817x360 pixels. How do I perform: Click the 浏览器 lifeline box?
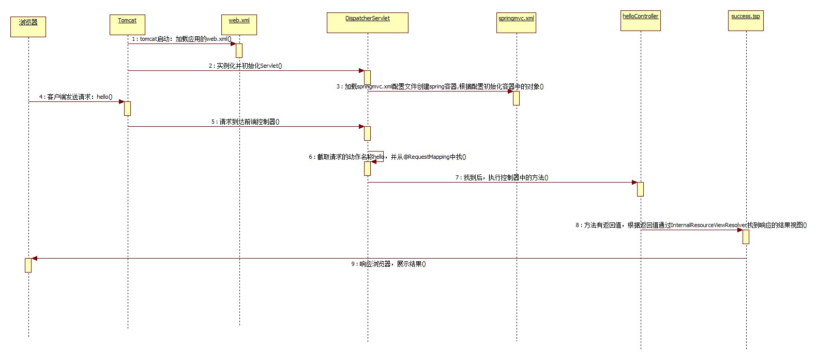click(x=28, y=27)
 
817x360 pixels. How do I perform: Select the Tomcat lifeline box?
click(x=127, y=25)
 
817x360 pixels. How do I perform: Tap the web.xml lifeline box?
click(x=239, y=25)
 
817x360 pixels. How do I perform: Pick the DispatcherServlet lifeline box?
click(x=368, y=23)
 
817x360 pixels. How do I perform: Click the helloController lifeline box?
click(x=641, y=21)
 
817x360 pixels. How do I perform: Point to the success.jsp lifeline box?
click(x=746, y=21)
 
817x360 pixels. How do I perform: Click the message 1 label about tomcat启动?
click(x=181, y=39)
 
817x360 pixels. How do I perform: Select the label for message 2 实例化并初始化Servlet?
click(x=246, y=66)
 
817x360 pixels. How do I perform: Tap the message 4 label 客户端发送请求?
click(x=75, y=97)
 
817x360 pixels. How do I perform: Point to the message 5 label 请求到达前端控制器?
click(x=245, y=122)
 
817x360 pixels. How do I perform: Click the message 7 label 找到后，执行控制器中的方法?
click(x=502, y=177)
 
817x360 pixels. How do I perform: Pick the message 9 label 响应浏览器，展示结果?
click(x=388, y=264)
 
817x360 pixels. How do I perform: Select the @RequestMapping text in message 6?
click(x=426, y=157)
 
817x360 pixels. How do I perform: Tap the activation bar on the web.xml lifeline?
click(x=239, y=51)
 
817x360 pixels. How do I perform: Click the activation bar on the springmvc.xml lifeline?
click(x=516, y=98)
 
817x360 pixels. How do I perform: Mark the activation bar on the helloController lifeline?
click(x=640, y=189)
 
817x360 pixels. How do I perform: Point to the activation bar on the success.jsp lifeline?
click(x=746, y=237)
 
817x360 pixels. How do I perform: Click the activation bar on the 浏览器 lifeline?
click(x=28, y=265)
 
